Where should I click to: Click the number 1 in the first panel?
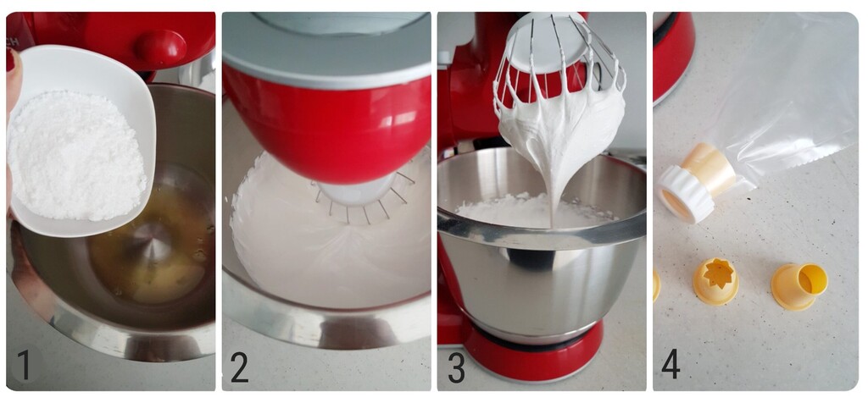point(24,365)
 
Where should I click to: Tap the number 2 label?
point(239,366)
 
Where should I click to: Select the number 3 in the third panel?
point(456,366)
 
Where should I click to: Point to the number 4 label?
point(670,365)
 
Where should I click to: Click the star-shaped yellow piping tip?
point(715,279)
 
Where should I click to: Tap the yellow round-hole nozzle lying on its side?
point(798,286)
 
